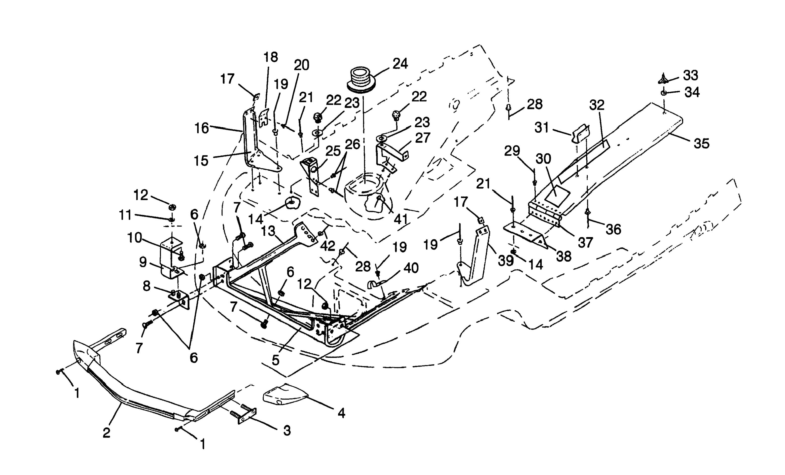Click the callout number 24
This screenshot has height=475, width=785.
(400, 64)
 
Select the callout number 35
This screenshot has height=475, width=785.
(702, 144)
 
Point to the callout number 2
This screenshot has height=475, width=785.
(107, 433)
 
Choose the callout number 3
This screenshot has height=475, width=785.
(287, 431)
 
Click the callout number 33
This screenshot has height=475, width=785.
(691, 75)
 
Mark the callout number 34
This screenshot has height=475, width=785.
(692, 92)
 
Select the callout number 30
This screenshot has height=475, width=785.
(543, 159)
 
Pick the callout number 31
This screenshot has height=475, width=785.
(542, 127)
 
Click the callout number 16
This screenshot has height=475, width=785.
(202, 128)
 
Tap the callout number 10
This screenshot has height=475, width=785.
(135, 238)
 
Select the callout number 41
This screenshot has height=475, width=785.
(401, 219)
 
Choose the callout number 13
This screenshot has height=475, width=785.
(268, 231)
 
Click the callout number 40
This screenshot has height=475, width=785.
(411, 268)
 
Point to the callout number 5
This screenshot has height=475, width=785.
(276, 360)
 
